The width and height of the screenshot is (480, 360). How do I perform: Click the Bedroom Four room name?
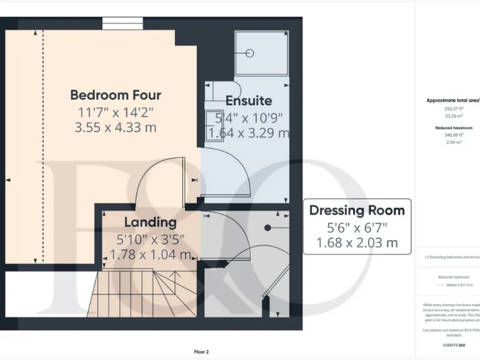click(115, 95)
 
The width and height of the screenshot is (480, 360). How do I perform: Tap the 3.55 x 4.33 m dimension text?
click(115, 127)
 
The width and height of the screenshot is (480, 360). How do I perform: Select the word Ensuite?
click(248, 101)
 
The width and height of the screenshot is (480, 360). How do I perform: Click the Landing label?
click(150, 222)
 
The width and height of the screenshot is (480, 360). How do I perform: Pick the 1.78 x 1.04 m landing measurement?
click(150, 254)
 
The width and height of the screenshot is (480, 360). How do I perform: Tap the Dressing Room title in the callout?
click(357, 210)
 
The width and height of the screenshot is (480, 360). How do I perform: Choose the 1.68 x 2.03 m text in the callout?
click(357, 242)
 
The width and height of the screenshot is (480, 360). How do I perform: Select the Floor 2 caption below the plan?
click(201, 352)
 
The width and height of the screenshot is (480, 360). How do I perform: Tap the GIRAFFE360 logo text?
click(454, 345)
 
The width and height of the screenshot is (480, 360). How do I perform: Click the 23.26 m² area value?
click(454, 116)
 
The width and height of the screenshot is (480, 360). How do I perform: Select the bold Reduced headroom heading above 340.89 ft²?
click(454, 127)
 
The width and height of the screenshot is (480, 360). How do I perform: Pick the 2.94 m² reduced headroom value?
click(454, 142)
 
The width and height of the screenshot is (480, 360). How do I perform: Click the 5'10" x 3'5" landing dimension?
click(150, 238)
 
